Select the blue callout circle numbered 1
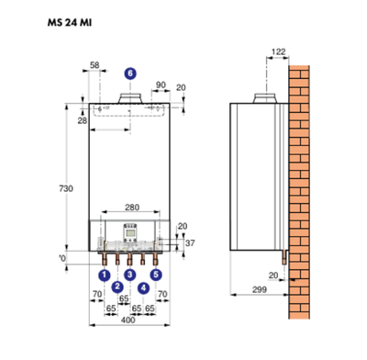(104, 274)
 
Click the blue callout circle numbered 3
(129, 274)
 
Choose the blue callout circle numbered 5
(156, 274)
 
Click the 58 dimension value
(95, 66)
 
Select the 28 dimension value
(81, 120)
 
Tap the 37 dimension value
(189, 242)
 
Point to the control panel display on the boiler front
(129, 231)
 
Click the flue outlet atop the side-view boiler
(267, 97)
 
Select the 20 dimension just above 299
(272, 274)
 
